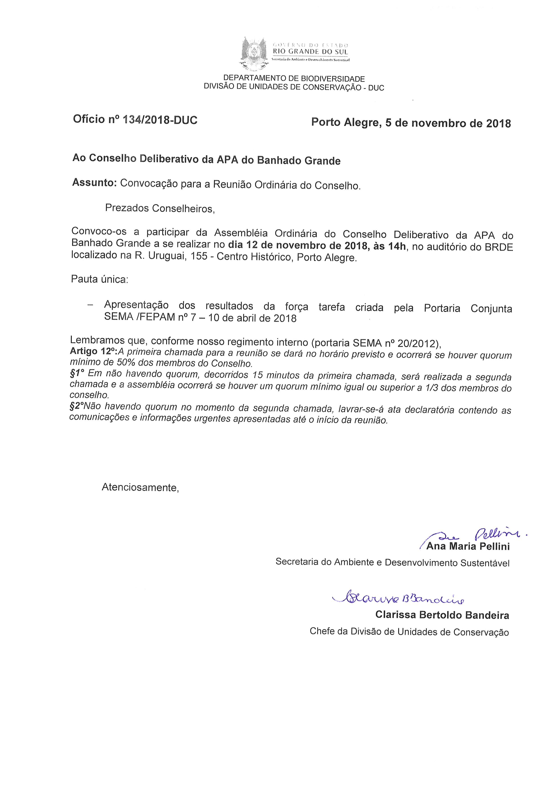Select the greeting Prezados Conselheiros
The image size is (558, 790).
(160, 208)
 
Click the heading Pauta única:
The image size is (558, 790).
(99, 279)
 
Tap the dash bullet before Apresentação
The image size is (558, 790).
(90, 305)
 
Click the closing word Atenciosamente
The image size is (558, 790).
(140, 487)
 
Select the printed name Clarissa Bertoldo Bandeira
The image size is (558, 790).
(442, 615)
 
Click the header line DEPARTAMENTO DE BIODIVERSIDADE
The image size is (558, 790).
(294, 79)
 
